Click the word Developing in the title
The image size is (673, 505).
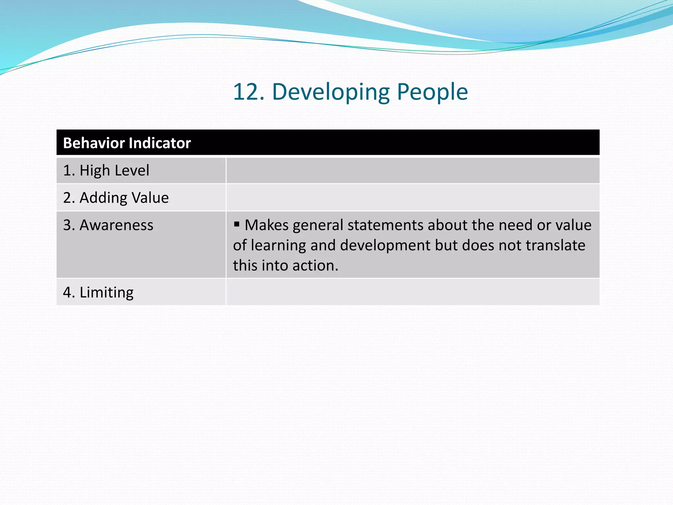click(331, 92)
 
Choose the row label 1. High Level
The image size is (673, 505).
click(106, 170)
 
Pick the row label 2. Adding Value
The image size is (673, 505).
click(116, 198)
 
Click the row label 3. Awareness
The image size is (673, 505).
click(108, 225)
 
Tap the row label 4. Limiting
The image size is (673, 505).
click(98, 292)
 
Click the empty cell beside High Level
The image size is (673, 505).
click(412, 170)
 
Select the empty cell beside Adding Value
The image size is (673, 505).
click(412, 198)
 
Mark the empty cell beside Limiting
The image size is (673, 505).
click(412, 292)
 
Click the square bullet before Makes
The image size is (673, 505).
click(237, 225)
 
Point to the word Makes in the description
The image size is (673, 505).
click(267, 225)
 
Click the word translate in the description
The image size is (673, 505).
click(555, 246)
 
